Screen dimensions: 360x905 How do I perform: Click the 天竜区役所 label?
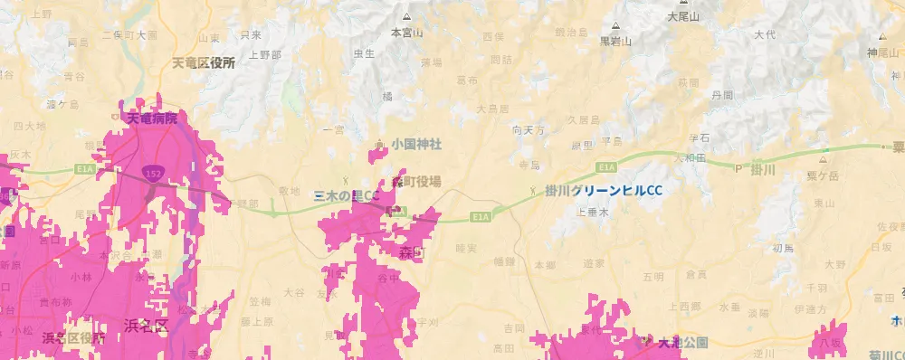click(204, 63)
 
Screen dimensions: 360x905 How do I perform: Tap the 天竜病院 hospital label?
click(151, 118)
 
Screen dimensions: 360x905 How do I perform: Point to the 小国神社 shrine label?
click(415, 144)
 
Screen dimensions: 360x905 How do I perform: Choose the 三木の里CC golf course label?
click(346, 195)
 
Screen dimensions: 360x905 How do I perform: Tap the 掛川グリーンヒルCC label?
click(604, 190)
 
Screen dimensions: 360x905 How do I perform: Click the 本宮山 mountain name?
click(406, 32)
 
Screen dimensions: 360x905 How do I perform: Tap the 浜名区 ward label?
click(147, 323)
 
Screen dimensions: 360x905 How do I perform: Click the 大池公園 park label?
click(682, 343)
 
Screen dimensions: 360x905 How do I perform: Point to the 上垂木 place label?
click(592, 211)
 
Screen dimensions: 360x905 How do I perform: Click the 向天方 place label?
click(529, 130)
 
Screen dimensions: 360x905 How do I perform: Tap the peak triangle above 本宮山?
click(406, 17)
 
